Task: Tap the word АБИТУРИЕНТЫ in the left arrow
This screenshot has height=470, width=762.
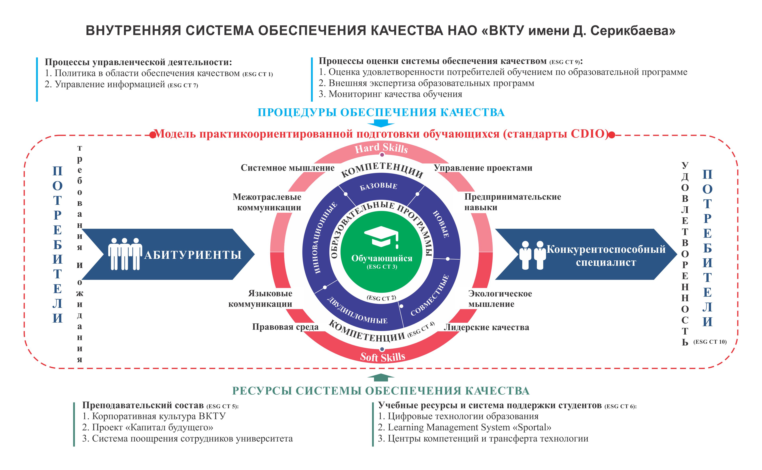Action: (x=193, y=255)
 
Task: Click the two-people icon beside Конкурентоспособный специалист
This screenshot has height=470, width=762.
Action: (x=532, y=255)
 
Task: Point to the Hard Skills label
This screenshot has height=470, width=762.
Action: (x=381, y=148)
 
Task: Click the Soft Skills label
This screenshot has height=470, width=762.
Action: (x=382, y=357)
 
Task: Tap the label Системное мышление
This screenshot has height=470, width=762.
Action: (x=288, y=168)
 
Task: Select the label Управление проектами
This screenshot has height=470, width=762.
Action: (x=483, y=168)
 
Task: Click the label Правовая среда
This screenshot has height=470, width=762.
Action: (x=285, y=327)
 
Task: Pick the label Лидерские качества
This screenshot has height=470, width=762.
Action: (x=486, y=327)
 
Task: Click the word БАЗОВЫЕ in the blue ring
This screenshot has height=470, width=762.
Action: (x=378, y=186)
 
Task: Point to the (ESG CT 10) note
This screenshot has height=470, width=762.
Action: (x=710, y=342)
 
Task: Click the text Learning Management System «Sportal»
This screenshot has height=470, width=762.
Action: (x=464, y=427)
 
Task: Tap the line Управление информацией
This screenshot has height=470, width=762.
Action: (x=121, y=84)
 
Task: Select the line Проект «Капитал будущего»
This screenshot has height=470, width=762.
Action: (x=148, y=427)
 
